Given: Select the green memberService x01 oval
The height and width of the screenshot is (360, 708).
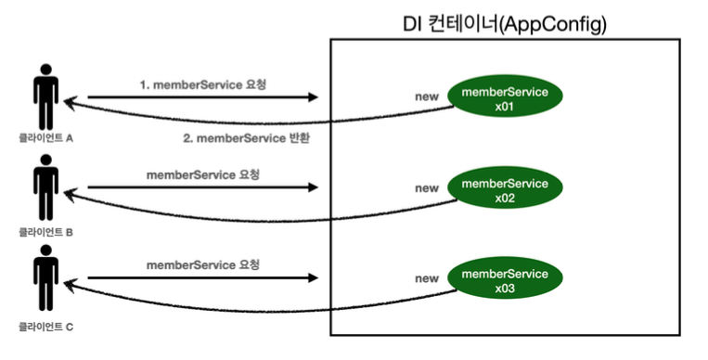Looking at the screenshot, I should [x=505, y=99].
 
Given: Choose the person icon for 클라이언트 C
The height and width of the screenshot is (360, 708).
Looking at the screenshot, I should [x=44, y=275].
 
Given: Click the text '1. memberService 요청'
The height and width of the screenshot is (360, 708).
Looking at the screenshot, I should [x=202, y=84].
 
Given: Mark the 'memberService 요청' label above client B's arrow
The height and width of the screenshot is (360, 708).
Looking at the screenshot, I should [x=203, y=174].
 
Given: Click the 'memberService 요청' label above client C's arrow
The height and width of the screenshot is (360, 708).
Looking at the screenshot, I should [x=203, y=264].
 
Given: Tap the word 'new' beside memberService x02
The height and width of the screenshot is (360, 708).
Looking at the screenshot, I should [x=427, y=188].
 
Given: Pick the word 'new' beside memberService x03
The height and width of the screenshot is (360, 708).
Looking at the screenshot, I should [x=427, y=278].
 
